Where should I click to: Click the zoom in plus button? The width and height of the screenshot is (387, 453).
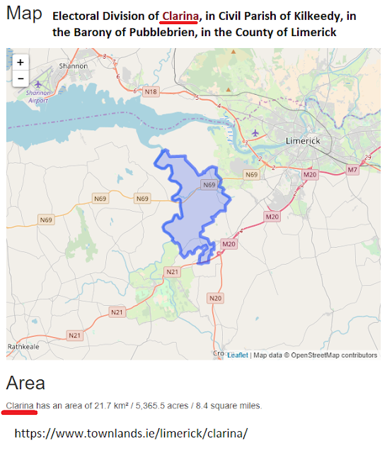tap(20, 62)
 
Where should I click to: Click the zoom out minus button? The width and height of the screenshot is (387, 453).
tap(20, 78)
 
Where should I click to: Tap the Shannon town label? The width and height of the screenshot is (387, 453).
tap(74, 66)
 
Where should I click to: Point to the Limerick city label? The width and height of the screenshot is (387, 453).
tap(302, 141)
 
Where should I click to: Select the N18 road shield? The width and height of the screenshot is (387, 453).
tap(150, 91)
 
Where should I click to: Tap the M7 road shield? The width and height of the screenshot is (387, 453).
tap(352, 170)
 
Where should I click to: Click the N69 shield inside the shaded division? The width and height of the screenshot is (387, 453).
tap(209, 185)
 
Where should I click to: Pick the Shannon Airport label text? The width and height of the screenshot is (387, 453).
tap(37, 96)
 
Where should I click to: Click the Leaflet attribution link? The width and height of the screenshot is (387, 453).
tap(237, 355)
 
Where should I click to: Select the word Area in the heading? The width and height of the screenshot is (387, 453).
tap(25, 383)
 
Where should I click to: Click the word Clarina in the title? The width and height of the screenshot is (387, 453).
tap(180, 16)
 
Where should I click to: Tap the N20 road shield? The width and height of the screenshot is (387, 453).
tap(215, 298)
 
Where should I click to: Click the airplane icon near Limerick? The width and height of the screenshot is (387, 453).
tap(255, 132)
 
